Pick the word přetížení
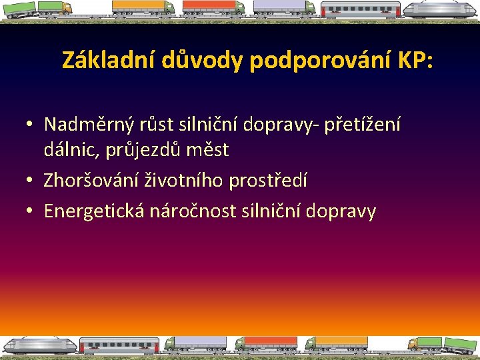364,124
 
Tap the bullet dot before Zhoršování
29,181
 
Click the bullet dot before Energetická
29,211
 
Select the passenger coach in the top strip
360,10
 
